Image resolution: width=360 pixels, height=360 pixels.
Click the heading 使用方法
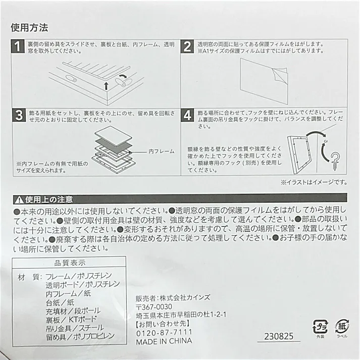pyautogui.click(x=29, y=28)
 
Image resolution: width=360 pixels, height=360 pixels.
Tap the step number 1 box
pyautogui.click(x=18, y=46)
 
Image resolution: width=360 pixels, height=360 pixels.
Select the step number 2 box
pyautogui.click(x=187, y=46)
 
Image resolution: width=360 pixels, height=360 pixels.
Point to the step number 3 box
pyautogui.click(x=19, y=115)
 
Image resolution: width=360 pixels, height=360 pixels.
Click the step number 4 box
pyautogui.click(x=188, y=115)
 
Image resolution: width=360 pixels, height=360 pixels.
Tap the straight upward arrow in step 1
pyautogui.click(x=106, y=86)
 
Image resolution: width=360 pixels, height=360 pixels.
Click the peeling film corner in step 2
pyautogui.click(x=279, y=74)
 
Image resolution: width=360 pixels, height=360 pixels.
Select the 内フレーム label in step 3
pyautogui.click(x=162, y=151)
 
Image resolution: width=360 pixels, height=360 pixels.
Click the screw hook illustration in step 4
pyautogui.click(x=335, y=161)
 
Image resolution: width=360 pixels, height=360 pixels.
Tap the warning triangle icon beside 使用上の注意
pyautogui.click(x=19, y=200)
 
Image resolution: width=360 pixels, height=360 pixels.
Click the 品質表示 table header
pyautogui.click(x=70, y=263)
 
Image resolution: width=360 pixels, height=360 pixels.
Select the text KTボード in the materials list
pyautogui.click(x=83, y=320)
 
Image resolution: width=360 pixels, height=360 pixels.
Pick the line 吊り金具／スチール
pyautogui.click(x=75, y=328)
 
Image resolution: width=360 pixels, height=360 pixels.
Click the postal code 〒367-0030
pyautogui.click(x=154, y=307)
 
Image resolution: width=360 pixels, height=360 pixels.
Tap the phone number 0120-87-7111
pyautogui.click(x=164, y=333)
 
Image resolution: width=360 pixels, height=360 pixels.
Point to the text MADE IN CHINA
pyautogui.click(x=164, y=341)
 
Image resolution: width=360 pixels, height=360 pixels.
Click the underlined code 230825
pyautogui.click(x=279, y=337)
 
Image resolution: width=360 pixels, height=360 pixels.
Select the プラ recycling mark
pyautogui.click(x=320, y=327)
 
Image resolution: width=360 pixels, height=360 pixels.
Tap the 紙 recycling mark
pyautogui.click(x=342, y=327)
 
